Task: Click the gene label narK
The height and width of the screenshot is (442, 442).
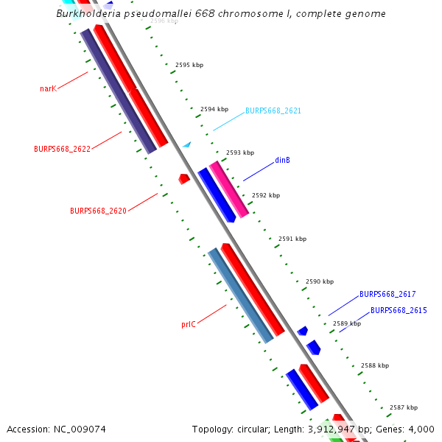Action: coord(48,88)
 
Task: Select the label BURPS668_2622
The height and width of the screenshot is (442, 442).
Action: coord(62,149)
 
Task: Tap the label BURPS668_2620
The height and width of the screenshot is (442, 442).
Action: coord(98,211)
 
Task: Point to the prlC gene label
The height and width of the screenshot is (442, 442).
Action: coord(189,324)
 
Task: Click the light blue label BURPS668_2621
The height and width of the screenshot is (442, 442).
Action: coord(273,110)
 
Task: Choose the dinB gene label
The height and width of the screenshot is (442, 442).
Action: coord(282,160)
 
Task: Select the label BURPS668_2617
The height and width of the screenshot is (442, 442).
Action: coord(387,295)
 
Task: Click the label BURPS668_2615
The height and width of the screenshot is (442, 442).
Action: coord(399,311)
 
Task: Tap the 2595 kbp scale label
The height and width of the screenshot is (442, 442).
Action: coord(189,66)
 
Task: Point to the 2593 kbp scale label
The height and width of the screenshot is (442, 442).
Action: coord(240,153)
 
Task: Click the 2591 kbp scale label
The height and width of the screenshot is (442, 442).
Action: coord(292,239)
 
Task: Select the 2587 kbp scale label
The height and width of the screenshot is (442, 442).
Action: coord(404,408)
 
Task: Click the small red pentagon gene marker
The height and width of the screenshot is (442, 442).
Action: coord(184,178)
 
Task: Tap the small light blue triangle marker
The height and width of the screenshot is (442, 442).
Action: coord(187,144)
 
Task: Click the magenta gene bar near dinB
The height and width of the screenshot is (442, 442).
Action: coord(228,188)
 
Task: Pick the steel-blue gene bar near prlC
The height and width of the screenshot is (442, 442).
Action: coord(240,295)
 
